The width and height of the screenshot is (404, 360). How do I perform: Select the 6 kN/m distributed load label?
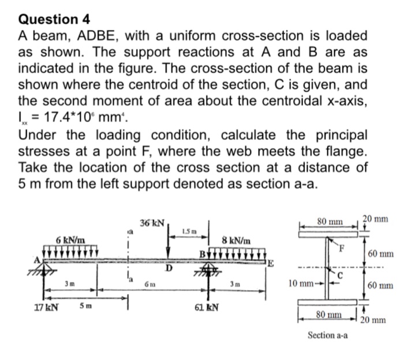(x=71, y=239)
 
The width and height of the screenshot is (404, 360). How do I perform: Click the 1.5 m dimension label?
(x=187, y=231)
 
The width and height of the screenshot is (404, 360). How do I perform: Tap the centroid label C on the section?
(x=342, y=275)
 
